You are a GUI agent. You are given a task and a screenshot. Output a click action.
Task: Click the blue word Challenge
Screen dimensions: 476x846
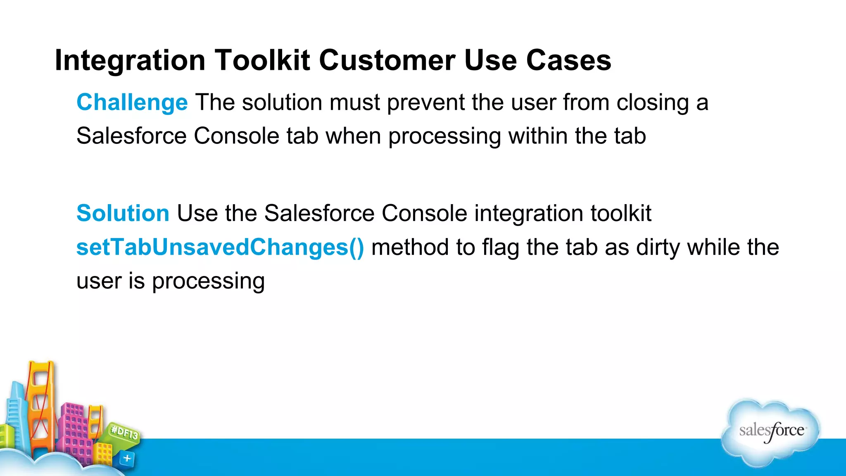click(x=132, y=102)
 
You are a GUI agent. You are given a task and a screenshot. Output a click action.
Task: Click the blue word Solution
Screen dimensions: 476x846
click(x=123, y=213)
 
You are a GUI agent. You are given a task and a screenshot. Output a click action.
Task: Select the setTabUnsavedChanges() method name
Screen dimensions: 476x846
click(x=220, y=247)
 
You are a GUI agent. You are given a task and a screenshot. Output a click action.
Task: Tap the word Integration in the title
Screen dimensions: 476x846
click(x=130, y=60)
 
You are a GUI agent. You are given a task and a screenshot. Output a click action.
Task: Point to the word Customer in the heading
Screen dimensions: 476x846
click(x=387, y=60)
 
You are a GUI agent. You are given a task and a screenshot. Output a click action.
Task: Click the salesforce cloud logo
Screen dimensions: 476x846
click(x=771, y=432)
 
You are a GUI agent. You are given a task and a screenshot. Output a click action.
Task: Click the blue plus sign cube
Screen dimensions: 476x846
click(x=127, y=458)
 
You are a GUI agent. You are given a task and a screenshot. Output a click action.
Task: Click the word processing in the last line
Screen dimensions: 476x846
click(x=208, y=281)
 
